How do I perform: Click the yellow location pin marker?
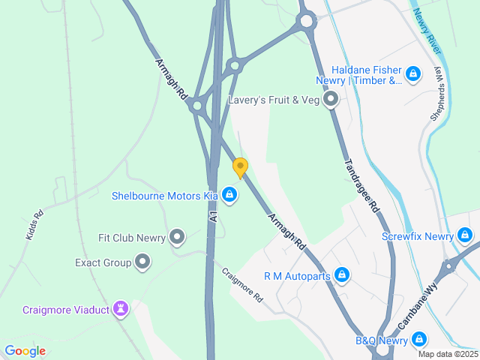(x=240, y=167)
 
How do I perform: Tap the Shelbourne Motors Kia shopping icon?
(x=229, y=196)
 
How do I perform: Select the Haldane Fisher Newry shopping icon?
(x=412, y=73)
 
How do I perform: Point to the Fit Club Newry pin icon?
(x=177, y=238)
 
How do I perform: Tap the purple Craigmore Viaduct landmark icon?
(x=121, y=309)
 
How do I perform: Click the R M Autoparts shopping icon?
(x=342, y=275)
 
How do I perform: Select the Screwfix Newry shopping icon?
(x=465, y=236)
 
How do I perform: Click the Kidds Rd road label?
(x=34, y=224)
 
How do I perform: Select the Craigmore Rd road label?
(x=242, y=284)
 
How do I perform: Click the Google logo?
(x=25, y=350)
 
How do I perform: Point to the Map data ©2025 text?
(x=448, y=354)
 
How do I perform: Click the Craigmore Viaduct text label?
(x=64, y=309)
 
